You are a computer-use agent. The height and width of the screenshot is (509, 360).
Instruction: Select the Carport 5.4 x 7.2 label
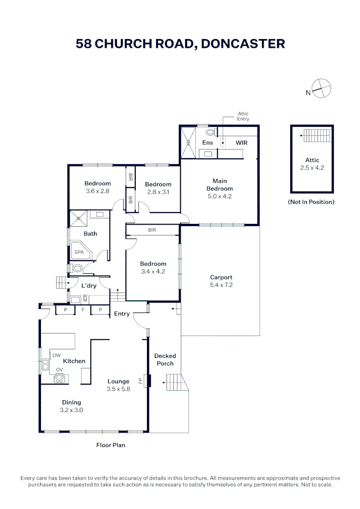[221, 281]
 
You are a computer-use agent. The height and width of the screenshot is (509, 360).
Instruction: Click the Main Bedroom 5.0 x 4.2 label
[220, 189]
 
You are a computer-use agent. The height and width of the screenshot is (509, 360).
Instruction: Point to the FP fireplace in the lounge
[148, 380]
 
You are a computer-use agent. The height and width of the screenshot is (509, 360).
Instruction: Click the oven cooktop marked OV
[59, 378]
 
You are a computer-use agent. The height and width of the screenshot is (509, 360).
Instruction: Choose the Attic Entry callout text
[243, 116]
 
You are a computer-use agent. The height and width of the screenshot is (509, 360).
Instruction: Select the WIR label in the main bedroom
[241, 142]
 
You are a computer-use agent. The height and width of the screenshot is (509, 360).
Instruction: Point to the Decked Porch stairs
[173, 382]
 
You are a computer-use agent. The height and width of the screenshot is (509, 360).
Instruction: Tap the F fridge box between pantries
[82, 310]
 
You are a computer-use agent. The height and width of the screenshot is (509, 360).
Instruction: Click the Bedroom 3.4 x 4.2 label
[153, 268]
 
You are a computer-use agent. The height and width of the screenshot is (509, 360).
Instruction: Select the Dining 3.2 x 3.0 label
[72, 406]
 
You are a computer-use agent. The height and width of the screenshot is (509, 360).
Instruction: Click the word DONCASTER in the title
[243, 44]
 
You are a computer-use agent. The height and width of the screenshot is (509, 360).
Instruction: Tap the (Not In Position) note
[311, 202]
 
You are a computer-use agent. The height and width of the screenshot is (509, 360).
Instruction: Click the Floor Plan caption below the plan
[111, 445]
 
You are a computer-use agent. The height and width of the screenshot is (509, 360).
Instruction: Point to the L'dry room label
[89, 286]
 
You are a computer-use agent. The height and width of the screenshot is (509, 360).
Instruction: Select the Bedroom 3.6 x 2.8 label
[98, 188]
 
